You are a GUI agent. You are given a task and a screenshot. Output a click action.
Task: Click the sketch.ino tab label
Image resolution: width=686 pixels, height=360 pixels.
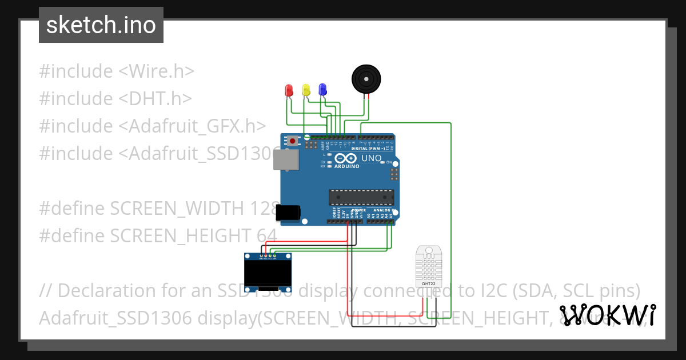click(101, 25)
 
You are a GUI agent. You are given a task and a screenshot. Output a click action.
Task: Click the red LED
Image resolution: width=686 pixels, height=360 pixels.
click(289, 90)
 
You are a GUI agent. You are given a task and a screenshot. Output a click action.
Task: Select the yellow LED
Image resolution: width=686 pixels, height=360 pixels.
click(306, 90)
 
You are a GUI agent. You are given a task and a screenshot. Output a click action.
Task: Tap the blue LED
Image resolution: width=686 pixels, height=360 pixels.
click(322, 89)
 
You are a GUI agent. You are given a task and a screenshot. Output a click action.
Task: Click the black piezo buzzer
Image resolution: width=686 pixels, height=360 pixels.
click(366, 78)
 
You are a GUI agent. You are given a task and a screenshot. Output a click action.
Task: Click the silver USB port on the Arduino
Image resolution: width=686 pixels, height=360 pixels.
click(285, 161)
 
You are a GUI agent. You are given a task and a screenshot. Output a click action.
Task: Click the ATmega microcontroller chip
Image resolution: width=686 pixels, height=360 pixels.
click(361, 197)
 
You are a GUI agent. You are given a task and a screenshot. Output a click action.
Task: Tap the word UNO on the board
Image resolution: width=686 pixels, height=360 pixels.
click(371, 158)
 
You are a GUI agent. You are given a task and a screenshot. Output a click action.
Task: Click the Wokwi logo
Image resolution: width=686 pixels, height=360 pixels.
click(608, 315)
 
